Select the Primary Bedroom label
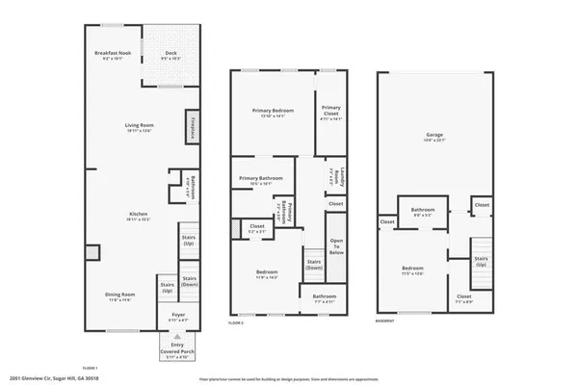[273, 113]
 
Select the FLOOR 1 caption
[91, 368]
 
